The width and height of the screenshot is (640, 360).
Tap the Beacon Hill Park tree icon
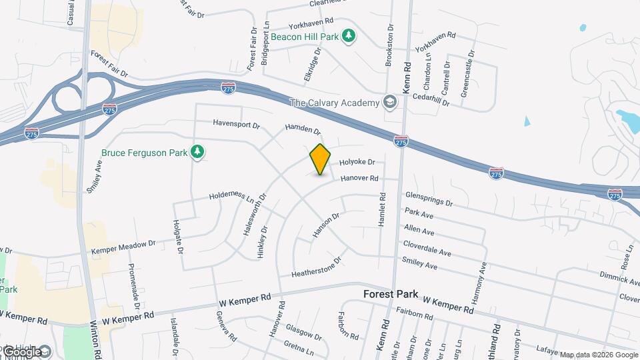348,35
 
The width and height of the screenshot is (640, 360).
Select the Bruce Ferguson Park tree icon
197,153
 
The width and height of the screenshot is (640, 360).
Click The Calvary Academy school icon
389,103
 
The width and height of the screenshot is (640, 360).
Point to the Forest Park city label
391,294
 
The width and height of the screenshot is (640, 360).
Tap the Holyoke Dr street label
357,162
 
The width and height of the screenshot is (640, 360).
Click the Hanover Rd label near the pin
359,179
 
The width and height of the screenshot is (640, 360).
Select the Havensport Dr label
236,123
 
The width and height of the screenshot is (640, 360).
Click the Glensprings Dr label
429,199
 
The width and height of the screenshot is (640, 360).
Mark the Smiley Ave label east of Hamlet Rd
420,264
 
